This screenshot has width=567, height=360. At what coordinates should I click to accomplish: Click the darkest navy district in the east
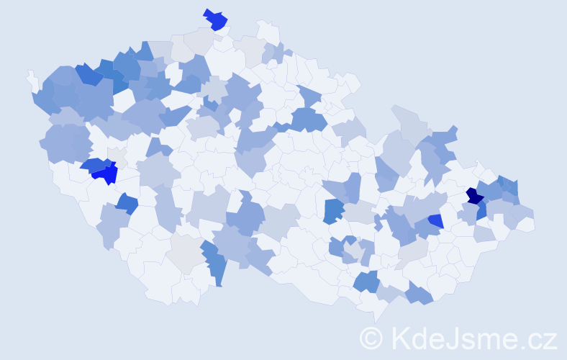click(474, 195)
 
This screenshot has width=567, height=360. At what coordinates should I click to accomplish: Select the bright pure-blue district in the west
click(105, 173)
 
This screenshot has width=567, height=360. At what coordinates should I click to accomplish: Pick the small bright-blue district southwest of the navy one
click(435, 220)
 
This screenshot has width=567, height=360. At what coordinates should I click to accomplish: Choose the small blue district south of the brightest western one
click(127, 204)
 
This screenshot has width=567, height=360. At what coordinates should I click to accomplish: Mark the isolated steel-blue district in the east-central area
click(333, 211)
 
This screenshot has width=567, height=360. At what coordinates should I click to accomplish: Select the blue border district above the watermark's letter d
click(419, 294)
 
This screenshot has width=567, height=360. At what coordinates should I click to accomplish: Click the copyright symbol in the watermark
click(372, 338)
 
